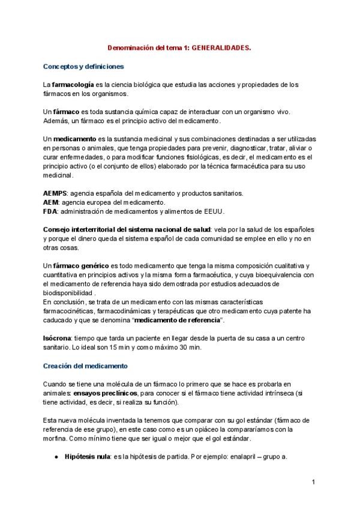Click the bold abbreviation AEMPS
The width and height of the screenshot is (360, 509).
(55, 193)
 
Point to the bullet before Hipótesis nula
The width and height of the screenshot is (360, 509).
(55, 457)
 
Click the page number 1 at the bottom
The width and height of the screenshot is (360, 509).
(313, 482)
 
